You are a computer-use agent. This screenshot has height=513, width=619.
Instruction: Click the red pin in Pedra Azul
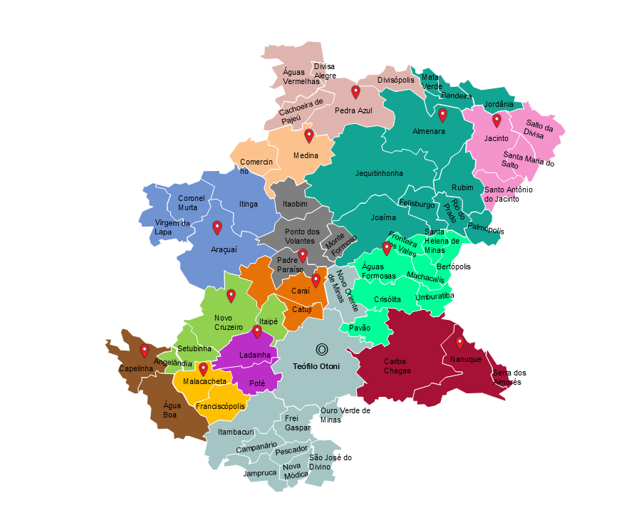coord(355,92)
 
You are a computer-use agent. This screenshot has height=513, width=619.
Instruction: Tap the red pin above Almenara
coord(442,115)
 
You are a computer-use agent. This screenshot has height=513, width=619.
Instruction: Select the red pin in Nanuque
coord(460,343)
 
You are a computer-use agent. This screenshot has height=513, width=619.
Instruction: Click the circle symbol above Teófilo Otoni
coord(321,349)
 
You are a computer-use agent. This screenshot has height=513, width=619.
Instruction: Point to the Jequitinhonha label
coord(379,173)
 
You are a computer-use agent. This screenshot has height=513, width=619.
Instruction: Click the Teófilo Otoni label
coord(316,366)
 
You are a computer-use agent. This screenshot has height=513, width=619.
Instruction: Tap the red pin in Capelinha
coord(145,351)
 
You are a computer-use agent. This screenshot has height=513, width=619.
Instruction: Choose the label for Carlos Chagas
coord(397,366)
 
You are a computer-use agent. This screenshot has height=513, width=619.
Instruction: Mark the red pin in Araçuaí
coord(217,227)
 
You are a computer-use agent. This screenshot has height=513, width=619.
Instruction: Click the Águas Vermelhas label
coord(301,76)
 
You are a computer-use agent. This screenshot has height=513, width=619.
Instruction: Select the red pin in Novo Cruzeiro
coord(231,296)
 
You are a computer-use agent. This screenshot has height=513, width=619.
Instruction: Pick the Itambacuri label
coord(236,432)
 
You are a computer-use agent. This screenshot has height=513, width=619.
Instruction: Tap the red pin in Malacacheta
coord(203,369)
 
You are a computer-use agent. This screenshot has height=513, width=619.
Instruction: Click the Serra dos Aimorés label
coord(509,377)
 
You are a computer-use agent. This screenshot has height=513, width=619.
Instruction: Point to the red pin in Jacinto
coord(496,120)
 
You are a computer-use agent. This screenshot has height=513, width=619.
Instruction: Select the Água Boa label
coord(172,409)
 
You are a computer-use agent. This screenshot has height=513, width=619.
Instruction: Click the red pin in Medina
coord(308,135)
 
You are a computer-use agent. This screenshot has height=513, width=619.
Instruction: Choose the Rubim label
coord(462,187)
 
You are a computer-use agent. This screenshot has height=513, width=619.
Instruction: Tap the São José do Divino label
coord(330,462)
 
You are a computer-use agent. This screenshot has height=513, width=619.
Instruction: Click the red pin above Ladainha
coord(257,331)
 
